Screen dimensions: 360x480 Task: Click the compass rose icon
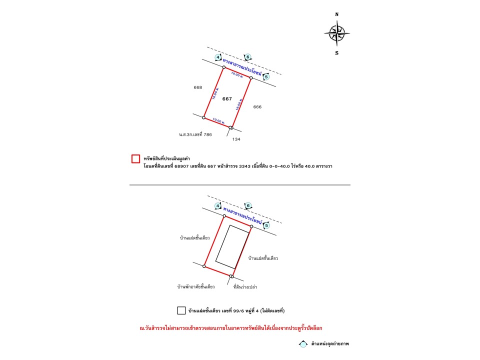[336, 33]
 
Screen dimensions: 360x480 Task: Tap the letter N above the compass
[337, 14]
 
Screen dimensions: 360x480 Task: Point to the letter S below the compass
[336, 52]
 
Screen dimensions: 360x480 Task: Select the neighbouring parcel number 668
[198, 87]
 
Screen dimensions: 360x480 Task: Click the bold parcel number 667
[227, 99]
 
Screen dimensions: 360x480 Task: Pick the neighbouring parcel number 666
[257, 106]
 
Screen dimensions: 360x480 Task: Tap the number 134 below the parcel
[236, 139]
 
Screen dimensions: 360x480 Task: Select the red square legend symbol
[135, 158]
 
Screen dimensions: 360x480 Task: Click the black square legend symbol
[181, 310]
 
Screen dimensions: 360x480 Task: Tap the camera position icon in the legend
[303, 344]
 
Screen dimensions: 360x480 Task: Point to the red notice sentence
[230, 328]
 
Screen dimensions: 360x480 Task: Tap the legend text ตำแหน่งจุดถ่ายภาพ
[330, 344]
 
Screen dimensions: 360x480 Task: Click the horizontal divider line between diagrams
[240, 185]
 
